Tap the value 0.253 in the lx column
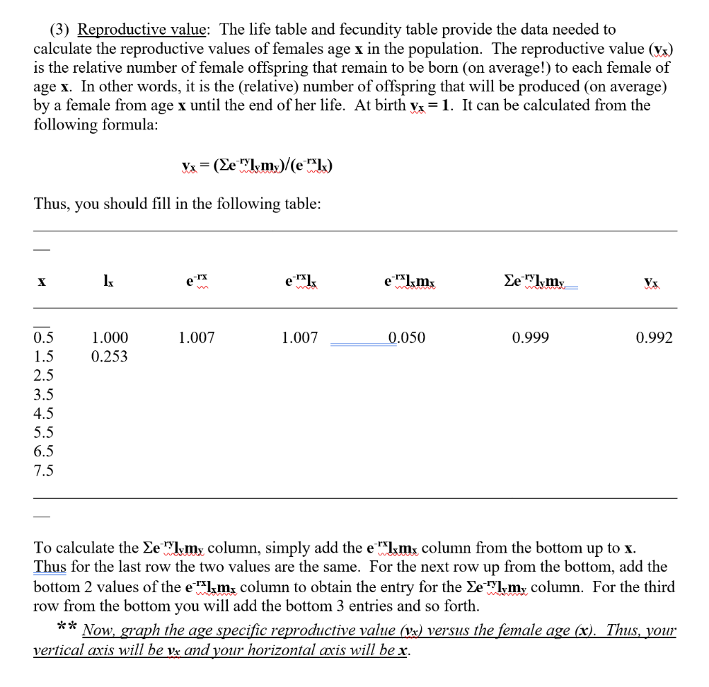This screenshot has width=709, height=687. coord(109,357)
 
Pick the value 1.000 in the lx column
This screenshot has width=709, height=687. coord(109,338)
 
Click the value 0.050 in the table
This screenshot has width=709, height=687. coord(406,338)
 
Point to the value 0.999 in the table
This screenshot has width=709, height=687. coord(530,338)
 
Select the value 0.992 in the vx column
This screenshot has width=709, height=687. coord(654,338)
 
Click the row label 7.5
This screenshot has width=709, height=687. coord(43,470)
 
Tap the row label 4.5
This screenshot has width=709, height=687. coord(43,414)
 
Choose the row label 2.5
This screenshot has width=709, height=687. coord(43,376)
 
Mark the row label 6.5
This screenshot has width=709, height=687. coord(43,452)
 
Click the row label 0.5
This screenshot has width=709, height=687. coord(43,338)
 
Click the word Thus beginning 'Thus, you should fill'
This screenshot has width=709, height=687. coord(51,204)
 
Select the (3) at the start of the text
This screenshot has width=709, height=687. coord(60,30)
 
